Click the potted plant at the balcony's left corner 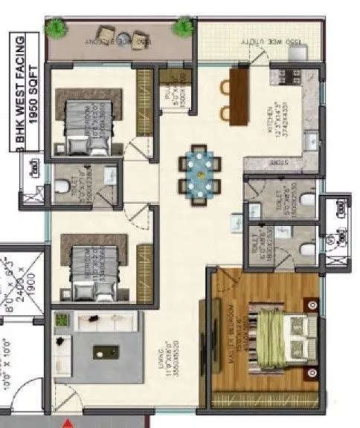54,28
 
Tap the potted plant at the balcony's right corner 181,28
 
